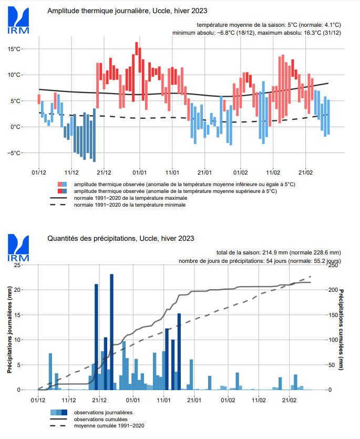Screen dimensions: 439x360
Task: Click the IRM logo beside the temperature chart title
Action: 18,21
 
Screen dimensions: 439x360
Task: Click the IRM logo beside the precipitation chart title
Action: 18,249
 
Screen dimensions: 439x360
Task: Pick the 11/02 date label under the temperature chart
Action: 273,172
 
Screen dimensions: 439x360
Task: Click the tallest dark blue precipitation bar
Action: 111,331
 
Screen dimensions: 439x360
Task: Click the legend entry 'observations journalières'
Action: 100,412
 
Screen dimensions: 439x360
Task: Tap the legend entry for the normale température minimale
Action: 129,205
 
